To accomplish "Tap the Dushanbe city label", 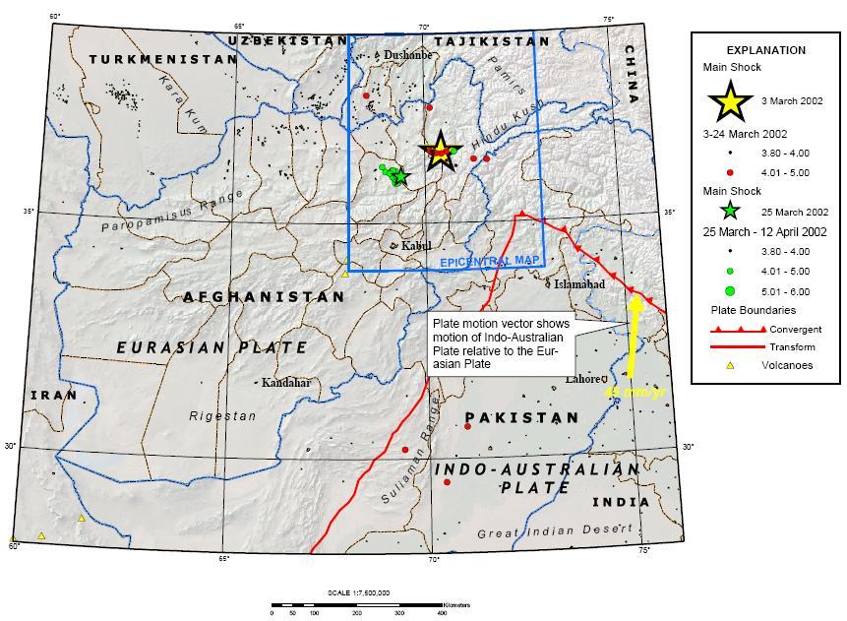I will pos(407,55).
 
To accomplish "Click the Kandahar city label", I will pos(286,382).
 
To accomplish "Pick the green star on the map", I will pos(398,176).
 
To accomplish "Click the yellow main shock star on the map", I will pos(440,151).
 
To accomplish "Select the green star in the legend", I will pos(729,211).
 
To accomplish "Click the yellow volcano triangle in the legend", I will pos(727,365).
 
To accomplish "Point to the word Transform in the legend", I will pos(797,346).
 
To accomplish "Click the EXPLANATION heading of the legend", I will pos(765,50).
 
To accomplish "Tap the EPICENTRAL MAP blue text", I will pos(489,262).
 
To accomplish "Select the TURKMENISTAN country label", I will pos(162,59).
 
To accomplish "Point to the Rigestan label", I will pos(221,416).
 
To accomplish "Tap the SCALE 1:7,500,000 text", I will pos(358,592).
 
